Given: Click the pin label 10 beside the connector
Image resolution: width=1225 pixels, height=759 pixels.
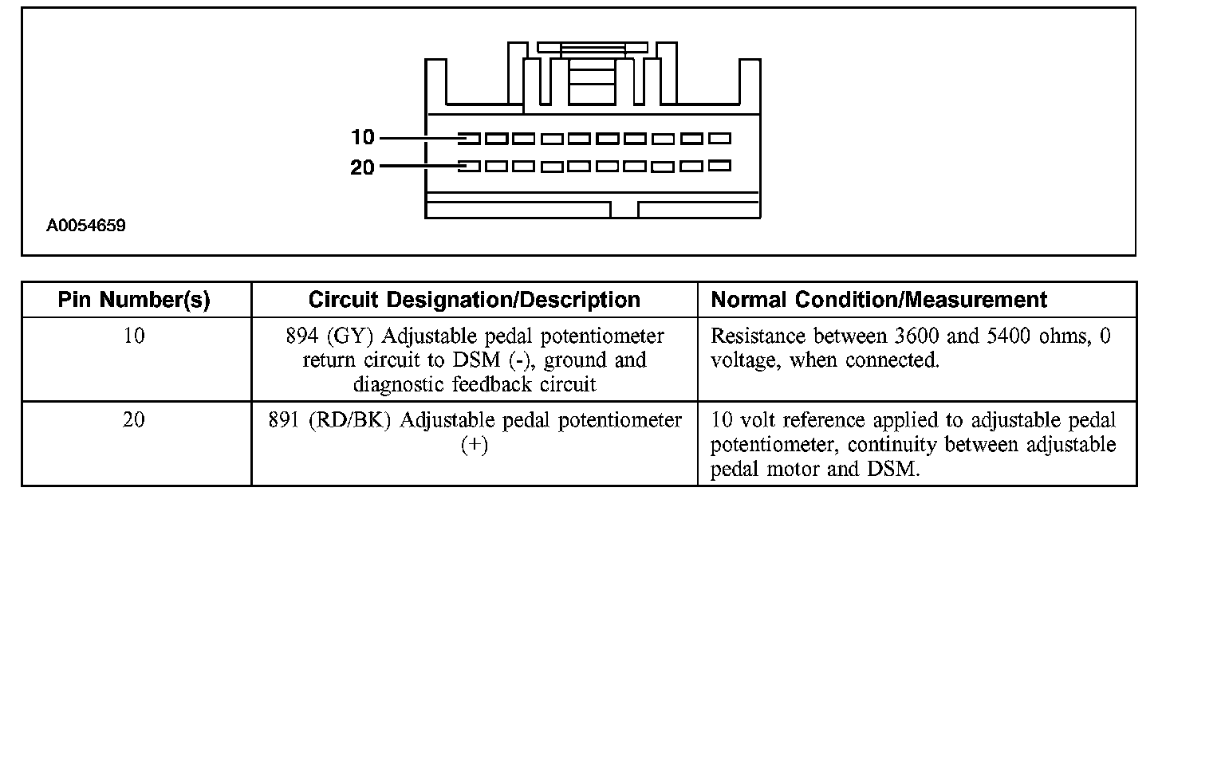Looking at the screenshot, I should [362, 138].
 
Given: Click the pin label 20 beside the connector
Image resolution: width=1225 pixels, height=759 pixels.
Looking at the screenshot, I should [362, 167].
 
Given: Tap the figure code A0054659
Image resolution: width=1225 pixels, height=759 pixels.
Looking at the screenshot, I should [85, 226].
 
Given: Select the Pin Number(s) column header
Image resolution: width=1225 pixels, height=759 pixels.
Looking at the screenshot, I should [134, 300].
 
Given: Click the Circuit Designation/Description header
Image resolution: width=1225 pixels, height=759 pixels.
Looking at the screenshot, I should [474, 300].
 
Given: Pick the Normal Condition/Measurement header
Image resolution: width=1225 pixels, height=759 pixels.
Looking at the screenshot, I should [878, 300].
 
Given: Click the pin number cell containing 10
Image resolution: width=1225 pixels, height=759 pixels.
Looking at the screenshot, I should [134, 336].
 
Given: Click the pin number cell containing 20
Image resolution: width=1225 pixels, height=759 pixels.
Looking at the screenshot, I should [134, 420].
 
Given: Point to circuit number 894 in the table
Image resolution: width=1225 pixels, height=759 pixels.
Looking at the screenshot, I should [302, 336].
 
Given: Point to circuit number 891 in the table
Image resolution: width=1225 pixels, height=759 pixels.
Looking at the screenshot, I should [284, 420].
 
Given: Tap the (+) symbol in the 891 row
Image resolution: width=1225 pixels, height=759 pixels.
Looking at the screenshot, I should [474, 445].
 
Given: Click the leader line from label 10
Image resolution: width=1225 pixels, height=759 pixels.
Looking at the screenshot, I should [419, 138].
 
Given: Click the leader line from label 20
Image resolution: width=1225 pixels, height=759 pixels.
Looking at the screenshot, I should [419, 167].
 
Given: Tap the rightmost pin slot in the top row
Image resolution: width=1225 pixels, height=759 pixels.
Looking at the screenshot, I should [719, 139].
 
